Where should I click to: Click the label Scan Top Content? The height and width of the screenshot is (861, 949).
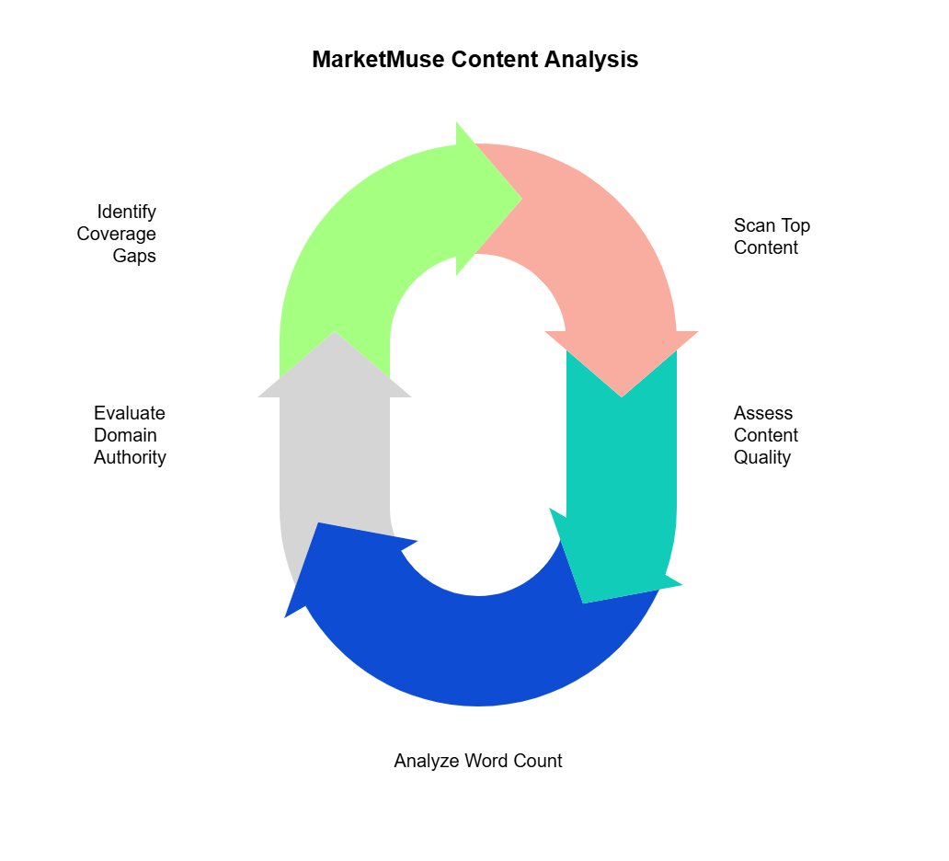click(x=772, y=236)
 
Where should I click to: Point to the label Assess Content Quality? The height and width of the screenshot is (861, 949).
click(x=765, y=435)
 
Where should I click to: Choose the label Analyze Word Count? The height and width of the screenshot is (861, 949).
click(x=477, y=761)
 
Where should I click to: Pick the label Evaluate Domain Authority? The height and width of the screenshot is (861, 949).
click(x=130, y=435)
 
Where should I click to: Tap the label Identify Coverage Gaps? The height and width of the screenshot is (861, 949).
click(x=117, y=234)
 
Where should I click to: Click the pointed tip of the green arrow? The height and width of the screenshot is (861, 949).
click(x=520, y=198)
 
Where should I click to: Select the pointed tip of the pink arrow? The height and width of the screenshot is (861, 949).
click(x=623, y=396)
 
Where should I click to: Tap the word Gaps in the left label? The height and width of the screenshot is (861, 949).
click(x=134, y=256)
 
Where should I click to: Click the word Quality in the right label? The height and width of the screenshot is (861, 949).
click(x=761, y=457)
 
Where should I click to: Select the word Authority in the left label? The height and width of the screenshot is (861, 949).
click(x=130, y=457)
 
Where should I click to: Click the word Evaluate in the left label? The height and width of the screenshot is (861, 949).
click(x=130, y=413)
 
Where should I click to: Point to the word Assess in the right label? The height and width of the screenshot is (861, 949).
click(x=763, y=413)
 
